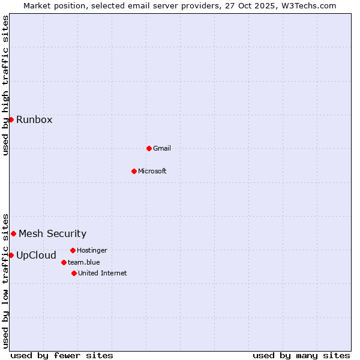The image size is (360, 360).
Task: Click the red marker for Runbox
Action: coord(11,119)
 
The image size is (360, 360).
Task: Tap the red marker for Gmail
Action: coord(149,148)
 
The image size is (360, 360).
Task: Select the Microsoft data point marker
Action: coord(134,171)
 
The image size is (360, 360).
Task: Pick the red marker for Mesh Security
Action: coord(13,233)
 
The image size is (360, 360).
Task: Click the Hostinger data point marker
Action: coord(73,250)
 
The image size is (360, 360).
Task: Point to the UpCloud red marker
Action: coord(11,255)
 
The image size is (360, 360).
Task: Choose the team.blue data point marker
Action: coord(64,262)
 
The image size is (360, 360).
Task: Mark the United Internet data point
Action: coord(74,273)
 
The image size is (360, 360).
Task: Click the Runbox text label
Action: coord(34,119)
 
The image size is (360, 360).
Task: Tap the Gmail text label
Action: coord(162,148)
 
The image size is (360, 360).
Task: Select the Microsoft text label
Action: coord(152,171)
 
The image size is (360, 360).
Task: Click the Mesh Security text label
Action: coord(53,233)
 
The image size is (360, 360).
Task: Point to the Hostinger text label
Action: coord(92,250)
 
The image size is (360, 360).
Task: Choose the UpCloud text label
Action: coord(37,255)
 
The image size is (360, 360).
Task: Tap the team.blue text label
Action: coord(84,262)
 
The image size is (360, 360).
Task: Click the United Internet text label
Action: coord(103,273)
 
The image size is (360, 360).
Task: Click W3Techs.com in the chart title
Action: coord(308,5)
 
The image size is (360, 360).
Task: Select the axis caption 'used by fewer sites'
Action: coord(62,355)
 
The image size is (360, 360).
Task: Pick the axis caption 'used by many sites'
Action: coord(301,355)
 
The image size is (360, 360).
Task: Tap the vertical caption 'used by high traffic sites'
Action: coord(5,85)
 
